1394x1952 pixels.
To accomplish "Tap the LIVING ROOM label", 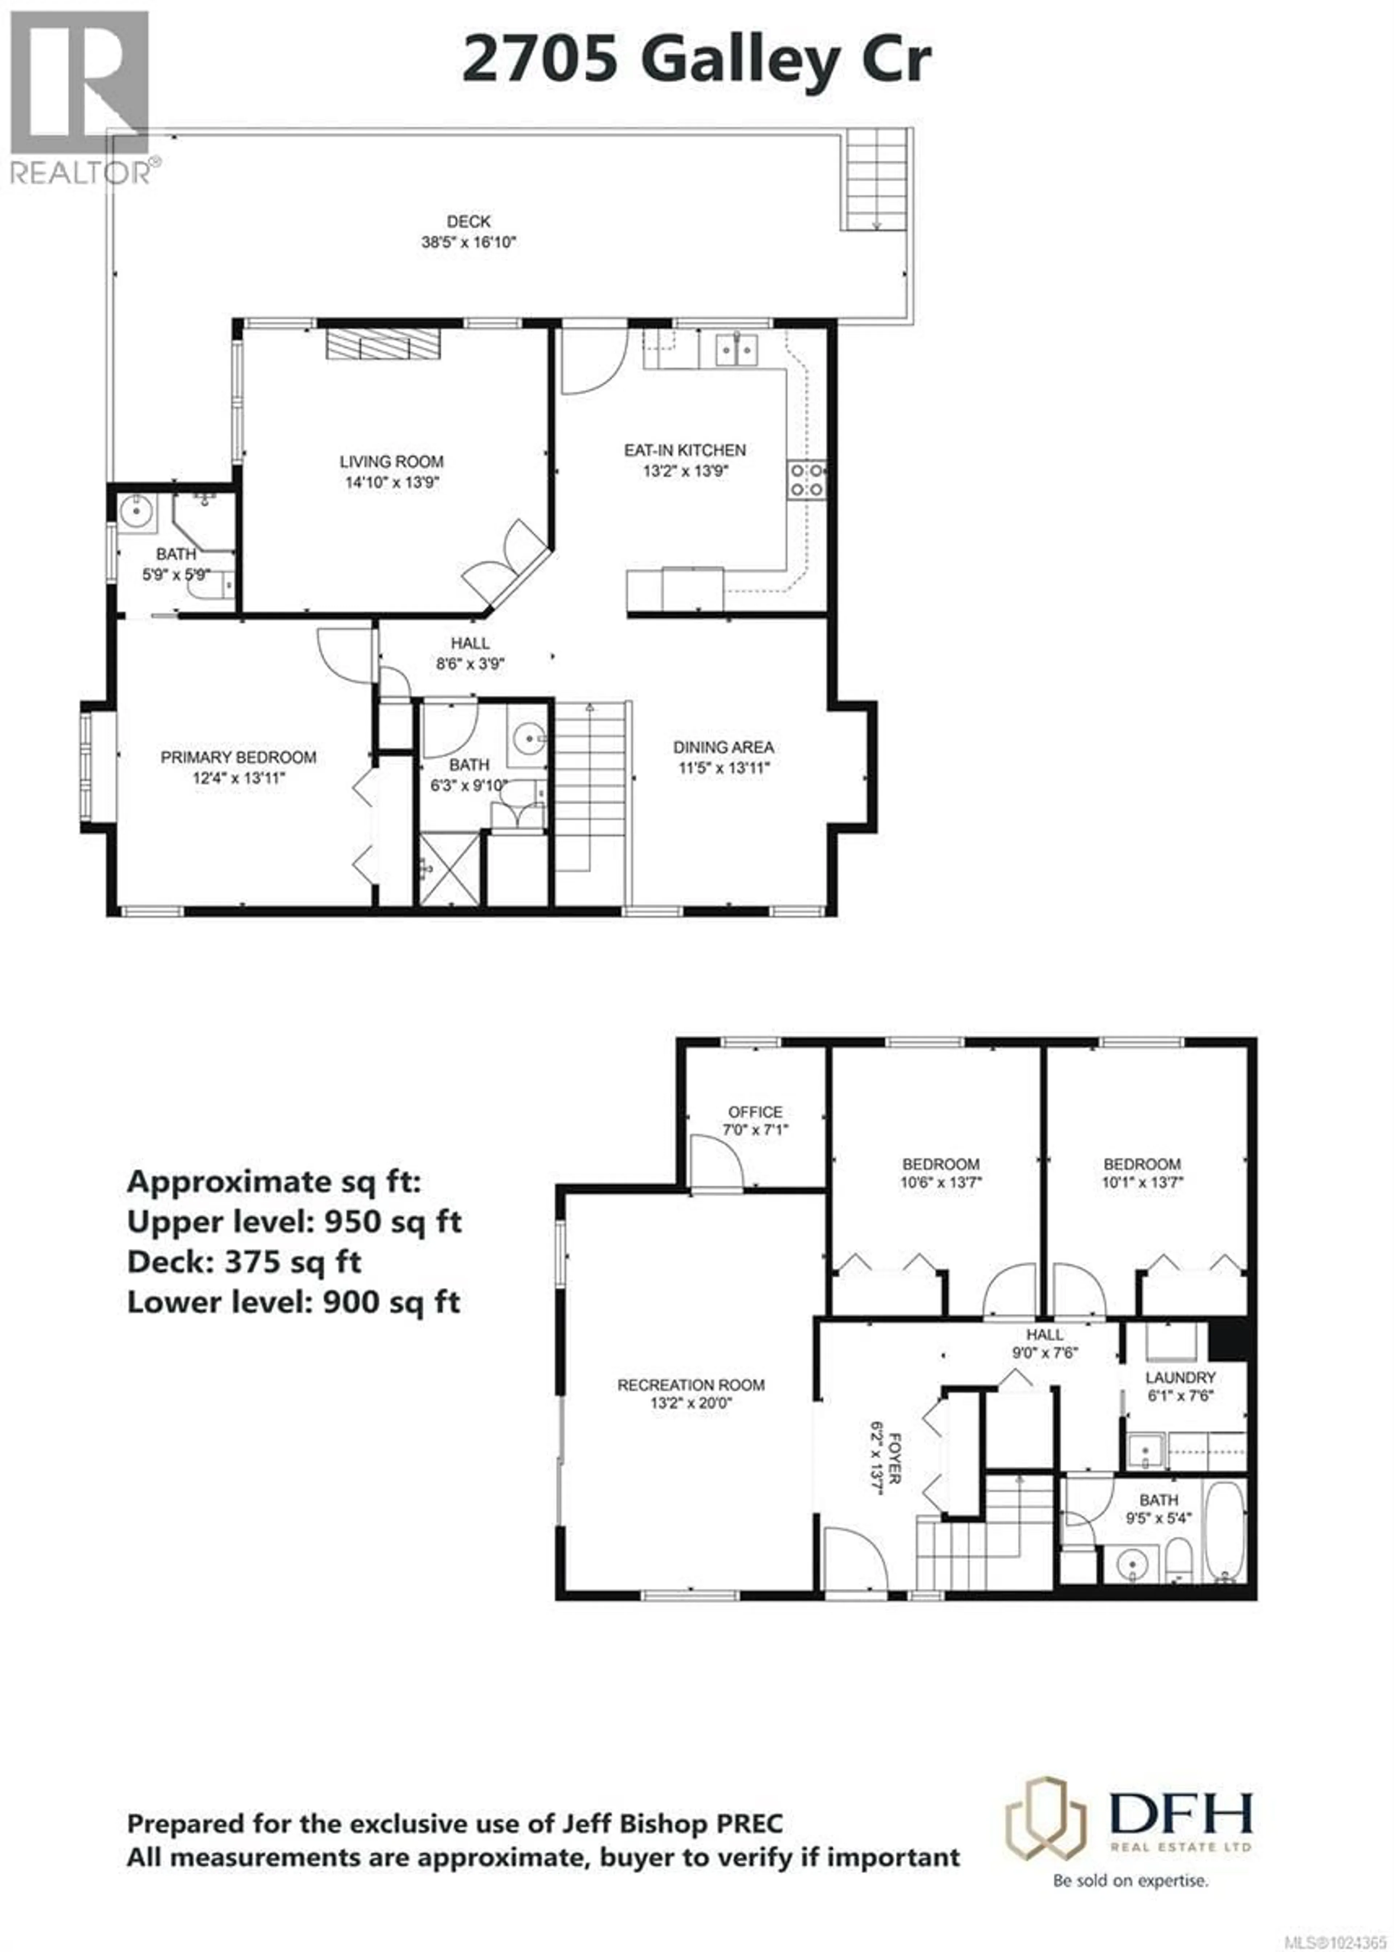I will click(391, 462).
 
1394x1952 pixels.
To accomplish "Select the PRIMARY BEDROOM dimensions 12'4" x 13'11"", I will click(239, 779).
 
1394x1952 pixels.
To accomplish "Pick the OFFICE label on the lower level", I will click(755, 1112).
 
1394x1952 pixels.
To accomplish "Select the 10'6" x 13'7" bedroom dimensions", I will click(941, 1182).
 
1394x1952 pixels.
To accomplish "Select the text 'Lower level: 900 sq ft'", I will click(294, 1302).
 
